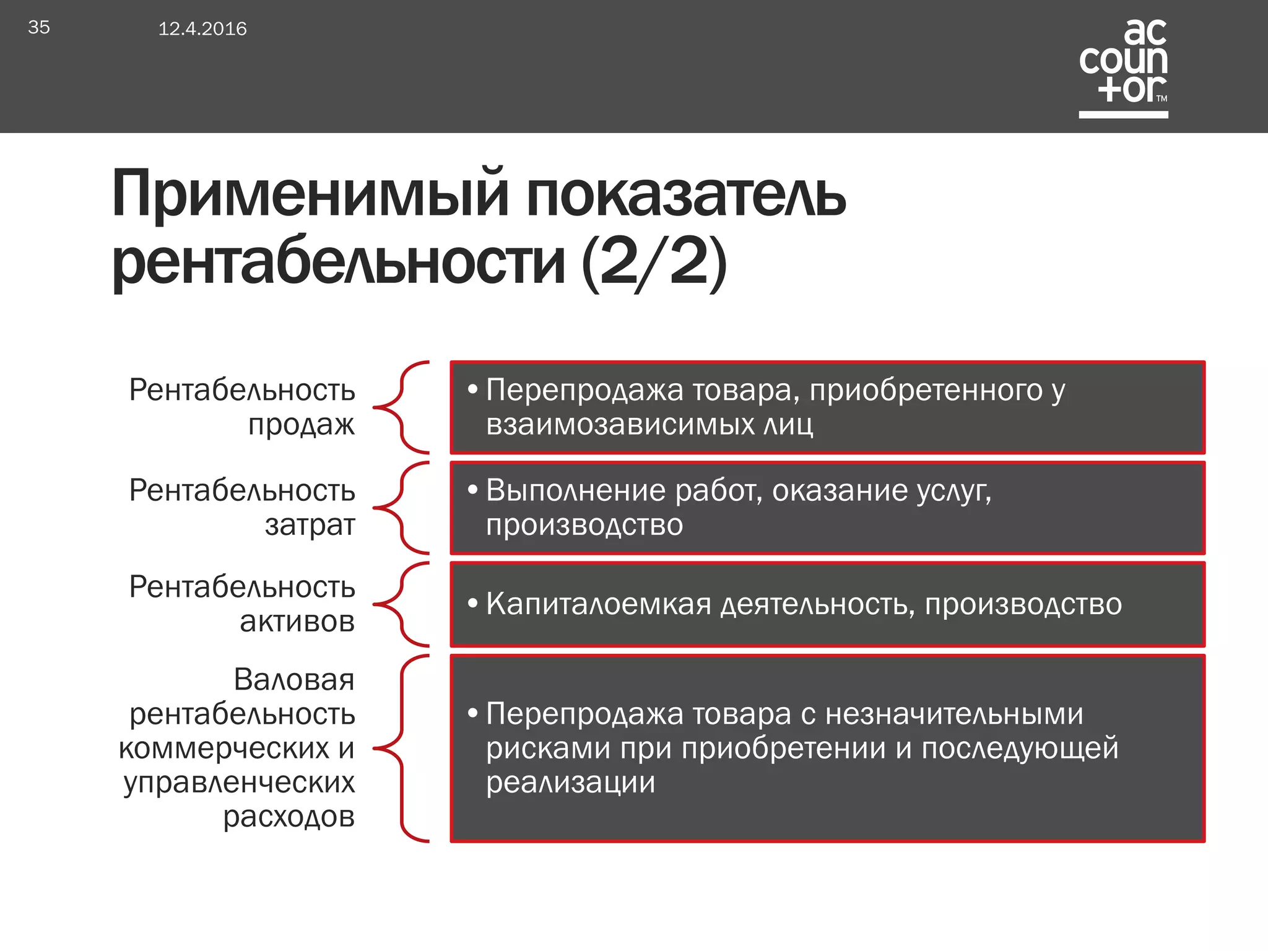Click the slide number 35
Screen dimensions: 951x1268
pos(38,27)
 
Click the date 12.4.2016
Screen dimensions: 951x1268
pos(202,28)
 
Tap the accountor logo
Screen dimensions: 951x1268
pos(1123,67)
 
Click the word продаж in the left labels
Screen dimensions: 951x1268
pos(302,425)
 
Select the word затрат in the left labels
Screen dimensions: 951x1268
pos(310,525)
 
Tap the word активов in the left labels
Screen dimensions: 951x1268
pos(297,621)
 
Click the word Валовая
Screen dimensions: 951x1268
pos(294,679)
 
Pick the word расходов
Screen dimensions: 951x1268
pos(289,817)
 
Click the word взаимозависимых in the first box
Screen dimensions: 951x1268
pos(619,425)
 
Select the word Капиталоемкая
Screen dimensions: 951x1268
pos(599,604)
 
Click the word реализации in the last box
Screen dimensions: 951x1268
pos(570,783)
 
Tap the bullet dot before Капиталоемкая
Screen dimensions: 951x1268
pos(473,604)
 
